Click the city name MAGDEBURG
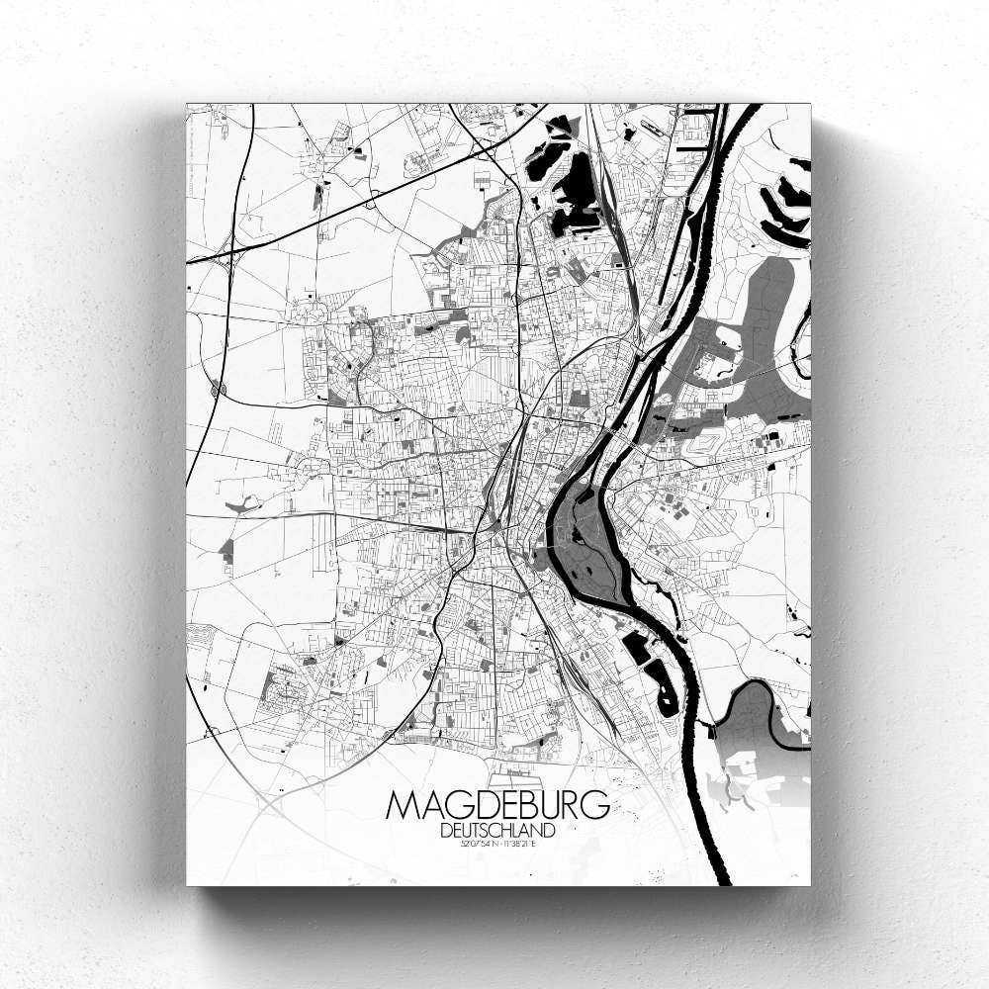click(x=497, y=806)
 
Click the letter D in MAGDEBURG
click(x=478, y=806)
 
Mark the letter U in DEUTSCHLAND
click(x=468, y=831)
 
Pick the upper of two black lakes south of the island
click(x=634, y=648)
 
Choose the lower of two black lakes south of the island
click(x=661, y=687)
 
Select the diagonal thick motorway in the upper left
click(x=376, y=193)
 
